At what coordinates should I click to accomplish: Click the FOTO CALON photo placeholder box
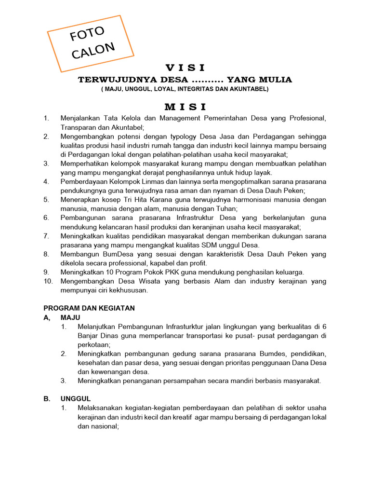click(x=91, y=43)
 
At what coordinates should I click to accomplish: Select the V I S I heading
click(x=185, y=67)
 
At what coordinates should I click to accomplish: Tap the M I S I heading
click(x=185, y=106)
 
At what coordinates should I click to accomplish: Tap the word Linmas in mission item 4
click(x=144, y=181)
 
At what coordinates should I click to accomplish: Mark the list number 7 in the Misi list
click(x=46, y=236)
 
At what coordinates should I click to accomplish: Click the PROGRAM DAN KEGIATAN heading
click(x=89, y=308)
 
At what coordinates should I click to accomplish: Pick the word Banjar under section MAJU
click(x=88, y=336)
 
